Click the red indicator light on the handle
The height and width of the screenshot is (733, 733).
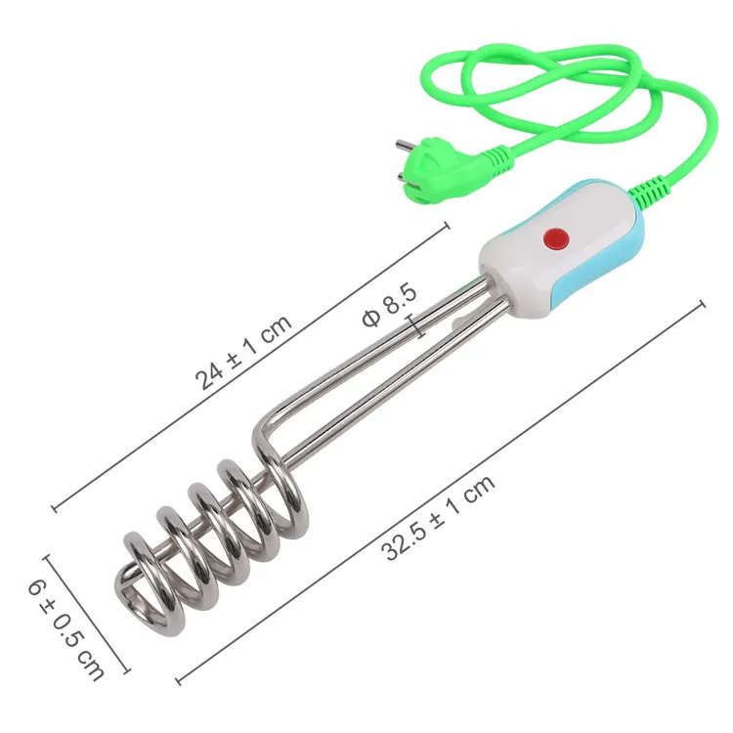[556, 238]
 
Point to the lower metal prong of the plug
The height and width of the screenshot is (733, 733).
[405, 176]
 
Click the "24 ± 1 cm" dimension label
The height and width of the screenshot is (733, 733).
[243, 352]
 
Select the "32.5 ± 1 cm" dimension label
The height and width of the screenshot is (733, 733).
[438, 517]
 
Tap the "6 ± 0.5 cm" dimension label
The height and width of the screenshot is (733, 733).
[65, 629]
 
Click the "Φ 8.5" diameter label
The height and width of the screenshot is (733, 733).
[389, 305]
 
